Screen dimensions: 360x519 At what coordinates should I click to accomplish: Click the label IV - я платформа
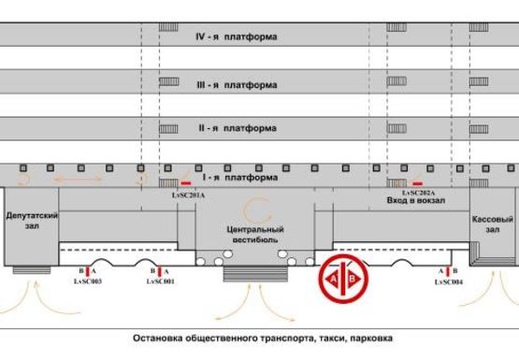click(x=236, y=37)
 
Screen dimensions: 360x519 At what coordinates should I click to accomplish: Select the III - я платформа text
click(x=236, y=85)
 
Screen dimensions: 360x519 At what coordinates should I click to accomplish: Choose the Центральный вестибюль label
click(x=254, y=234)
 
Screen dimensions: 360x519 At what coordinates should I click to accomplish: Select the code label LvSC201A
click(x=188, y=195)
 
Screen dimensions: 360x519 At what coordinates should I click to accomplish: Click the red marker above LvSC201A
click(x=187, y=183)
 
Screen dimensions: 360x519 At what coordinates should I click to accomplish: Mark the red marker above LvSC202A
click(x=417, y=182)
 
